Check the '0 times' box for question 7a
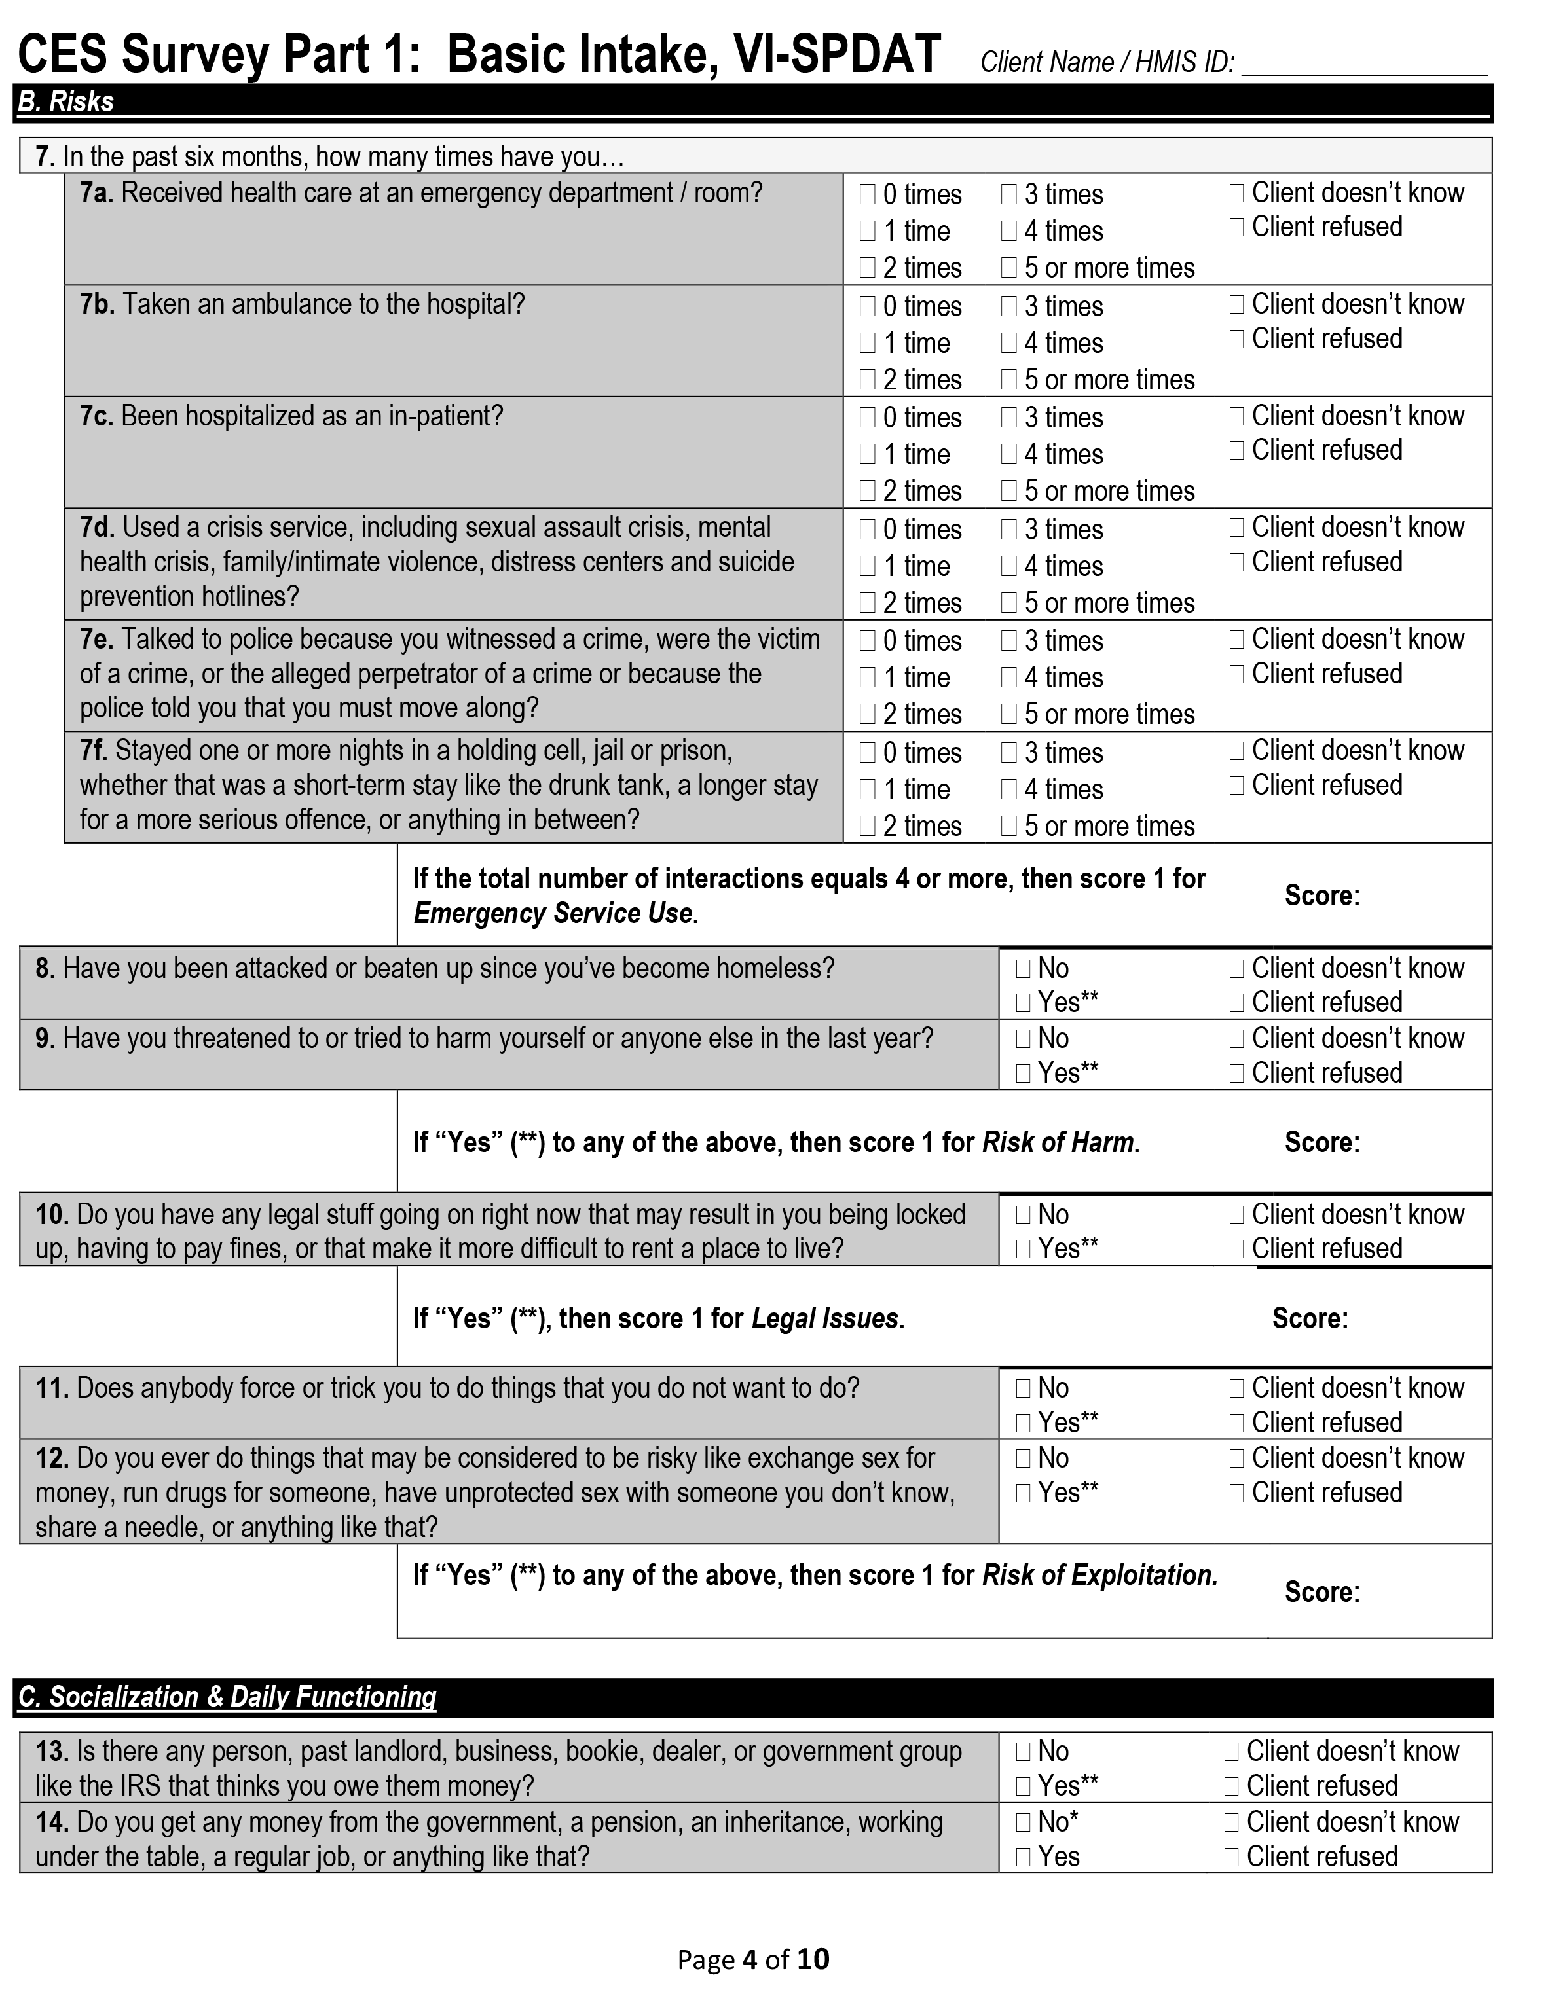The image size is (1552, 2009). pos(866,194)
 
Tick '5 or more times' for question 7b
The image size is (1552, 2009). pos(1008,379)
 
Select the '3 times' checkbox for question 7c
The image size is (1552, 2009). pos(1008,418)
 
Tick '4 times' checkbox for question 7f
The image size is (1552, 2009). pos(1008,789)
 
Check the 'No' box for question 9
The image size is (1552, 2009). pos(1023,1038)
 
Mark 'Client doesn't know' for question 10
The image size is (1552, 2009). pos(1236,1214)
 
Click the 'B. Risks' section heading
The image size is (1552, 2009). pos(66,101)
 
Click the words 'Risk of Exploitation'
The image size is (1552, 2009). pos(1099,1575)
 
